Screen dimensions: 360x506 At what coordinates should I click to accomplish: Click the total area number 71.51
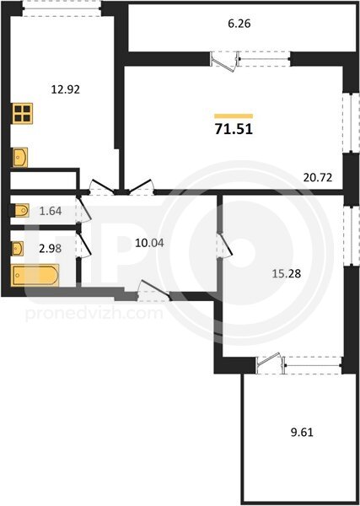[234, 129]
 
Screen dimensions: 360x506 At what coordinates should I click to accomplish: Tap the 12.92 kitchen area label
[66, 89]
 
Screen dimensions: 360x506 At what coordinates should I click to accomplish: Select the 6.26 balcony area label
[239, 24]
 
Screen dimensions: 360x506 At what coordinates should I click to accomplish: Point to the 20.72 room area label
[318, 177]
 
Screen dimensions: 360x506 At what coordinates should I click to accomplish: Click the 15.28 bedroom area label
[287, 273]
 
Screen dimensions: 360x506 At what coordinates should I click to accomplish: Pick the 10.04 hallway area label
[149, 243]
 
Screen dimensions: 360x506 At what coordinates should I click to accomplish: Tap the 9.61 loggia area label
[302, 432]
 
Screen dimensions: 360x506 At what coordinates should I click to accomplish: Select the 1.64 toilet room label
[51, 211]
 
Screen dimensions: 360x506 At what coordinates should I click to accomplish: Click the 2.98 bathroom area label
[51, 249]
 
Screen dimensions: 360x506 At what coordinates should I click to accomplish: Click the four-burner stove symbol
[23, 113]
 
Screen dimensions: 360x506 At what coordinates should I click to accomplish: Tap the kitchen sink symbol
[20, 158]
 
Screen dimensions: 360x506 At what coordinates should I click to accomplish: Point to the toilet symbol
[20, 210]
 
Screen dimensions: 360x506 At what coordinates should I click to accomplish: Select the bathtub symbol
[35, 275]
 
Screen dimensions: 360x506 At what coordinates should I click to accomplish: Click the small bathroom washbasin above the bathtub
[17, 249]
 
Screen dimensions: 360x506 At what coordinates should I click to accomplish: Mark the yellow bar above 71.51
[234, 116]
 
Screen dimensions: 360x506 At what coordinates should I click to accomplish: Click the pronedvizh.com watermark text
[94, 313]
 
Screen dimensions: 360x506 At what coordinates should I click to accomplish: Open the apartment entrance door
[153, 290]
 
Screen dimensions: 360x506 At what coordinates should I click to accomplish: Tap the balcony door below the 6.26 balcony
[224, 62]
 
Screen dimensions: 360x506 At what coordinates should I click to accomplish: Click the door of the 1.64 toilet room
[83, 209]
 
